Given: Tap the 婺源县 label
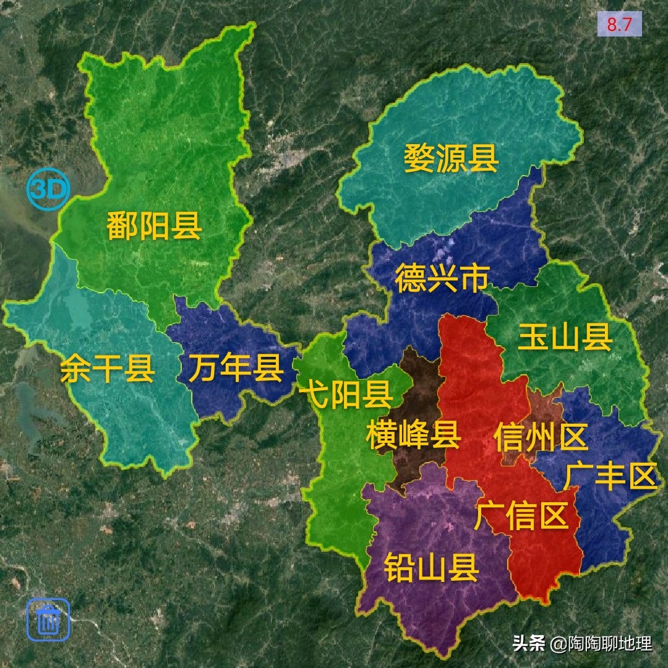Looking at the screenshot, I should pyautogui.click(x=451, y=158).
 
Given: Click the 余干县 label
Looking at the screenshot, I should pyautogui.click(x=108, y=369).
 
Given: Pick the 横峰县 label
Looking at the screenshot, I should pyautogui.click(x=413, y=435).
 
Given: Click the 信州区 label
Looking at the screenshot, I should pyautogui.click(x=541, y=437).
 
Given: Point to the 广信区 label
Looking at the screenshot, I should pyautogui.click(x=521, y=515).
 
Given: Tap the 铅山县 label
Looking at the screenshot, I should pyautogui.click(x=431, y=567).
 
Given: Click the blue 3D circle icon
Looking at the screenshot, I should pyautogui.click(x=48, y=190).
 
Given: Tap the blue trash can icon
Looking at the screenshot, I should pyautogui.click(x=48, y=619).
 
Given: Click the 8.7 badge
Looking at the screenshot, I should pyautogui.click(x=619, y=25).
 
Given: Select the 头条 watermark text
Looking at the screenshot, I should pyautogui.click(x=528, y=643).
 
